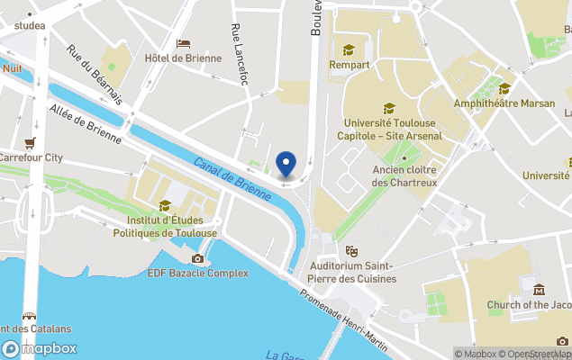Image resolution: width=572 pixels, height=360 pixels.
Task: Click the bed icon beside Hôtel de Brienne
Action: (x=183, y=43)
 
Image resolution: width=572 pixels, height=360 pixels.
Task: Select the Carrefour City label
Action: (x=32, y=157)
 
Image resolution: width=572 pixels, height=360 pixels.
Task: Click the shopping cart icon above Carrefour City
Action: (x=31, y=142)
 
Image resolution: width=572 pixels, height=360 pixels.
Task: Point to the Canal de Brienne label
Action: (x=232, y=177)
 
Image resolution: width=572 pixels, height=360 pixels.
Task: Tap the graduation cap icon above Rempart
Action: (x=349, y=49)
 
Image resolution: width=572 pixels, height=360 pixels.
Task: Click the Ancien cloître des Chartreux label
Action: (x=404, y=176)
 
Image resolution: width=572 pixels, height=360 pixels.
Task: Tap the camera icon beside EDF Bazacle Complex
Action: (x=197, y=259)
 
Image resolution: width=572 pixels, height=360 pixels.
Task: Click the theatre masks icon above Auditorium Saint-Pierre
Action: (x=352, y=251)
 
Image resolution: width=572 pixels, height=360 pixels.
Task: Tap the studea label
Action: (x=30, y=26)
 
